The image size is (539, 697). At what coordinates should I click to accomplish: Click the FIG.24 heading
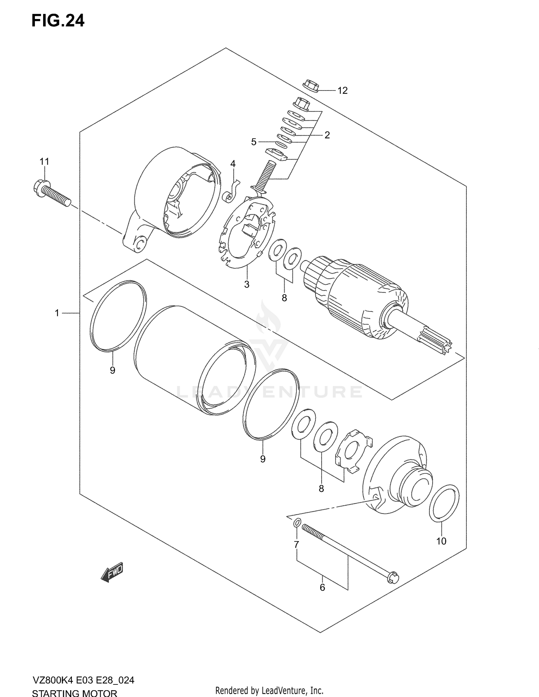pos(58,21)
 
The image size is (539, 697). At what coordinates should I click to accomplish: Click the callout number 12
pos(342,90)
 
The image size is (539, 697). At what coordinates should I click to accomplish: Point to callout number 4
pos(233,164)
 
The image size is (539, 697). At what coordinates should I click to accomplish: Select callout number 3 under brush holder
pos(247,284)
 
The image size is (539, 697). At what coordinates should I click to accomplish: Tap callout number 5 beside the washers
pos(254,142)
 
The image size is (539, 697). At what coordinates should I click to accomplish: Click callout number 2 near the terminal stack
pos(327,135)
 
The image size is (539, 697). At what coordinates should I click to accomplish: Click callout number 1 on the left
pos(57,313)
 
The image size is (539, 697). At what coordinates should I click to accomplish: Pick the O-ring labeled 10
pos(444,503)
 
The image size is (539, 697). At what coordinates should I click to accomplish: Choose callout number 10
pos(441,541)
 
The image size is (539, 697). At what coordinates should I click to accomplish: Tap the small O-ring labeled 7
pos(296,523)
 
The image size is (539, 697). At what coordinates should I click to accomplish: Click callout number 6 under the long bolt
pos(322,587)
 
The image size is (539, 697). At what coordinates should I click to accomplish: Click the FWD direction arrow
pos(112,572)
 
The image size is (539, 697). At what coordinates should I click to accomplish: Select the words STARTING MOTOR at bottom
pos(75,692)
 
